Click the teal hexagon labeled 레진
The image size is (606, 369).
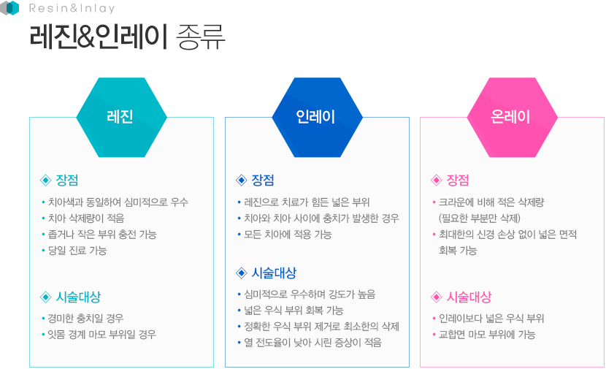[121, 117]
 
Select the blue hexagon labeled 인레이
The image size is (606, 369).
[318, 117]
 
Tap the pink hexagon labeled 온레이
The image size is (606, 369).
[513, 117]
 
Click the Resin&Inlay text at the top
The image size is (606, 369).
[72, 8]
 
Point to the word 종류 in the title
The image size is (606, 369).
[200, 37]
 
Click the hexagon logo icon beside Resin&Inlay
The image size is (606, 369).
[9, 8]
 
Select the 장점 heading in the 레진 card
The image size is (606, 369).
[67, 180]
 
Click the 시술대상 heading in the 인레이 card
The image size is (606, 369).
[274, 273]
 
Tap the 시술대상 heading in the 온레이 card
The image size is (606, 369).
[469, 297]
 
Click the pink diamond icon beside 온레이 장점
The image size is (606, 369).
[437, 180]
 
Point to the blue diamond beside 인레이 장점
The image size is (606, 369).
[242, 180]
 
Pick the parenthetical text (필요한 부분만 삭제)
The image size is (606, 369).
[480, 218]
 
